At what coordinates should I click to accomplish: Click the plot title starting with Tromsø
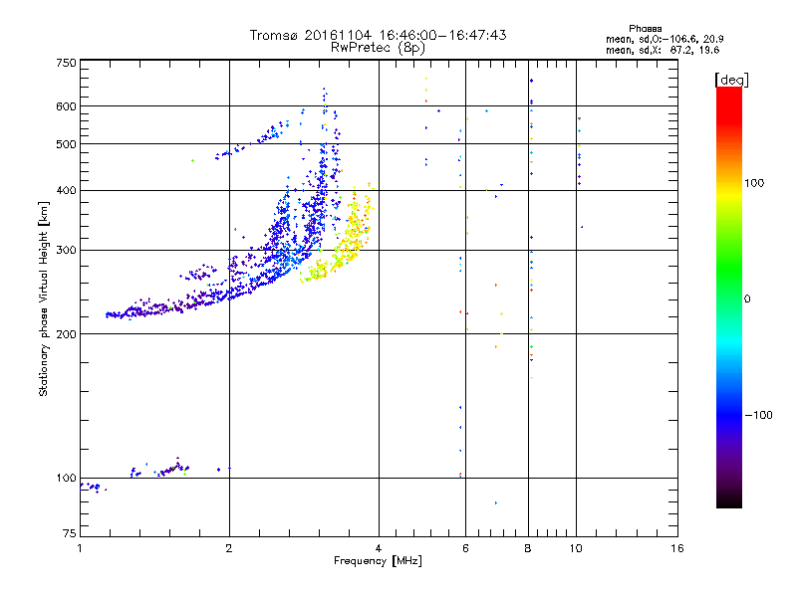coord(379,35)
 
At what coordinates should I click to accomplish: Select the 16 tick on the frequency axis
coord(676,548)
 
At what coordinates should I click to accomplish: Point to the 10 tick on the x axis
coord(576,548)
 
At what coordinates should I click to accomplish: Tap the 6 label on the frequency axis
coord(465,548)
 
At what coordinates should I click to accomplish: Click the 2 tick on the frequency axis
coord(229,548)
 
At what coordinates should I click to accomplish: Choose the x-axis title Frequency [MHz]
coord(379,562)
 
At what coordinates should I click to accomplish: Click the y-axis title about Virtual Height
coord(44,298)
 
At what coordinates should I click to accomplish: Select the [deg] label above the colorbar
coord(732,79)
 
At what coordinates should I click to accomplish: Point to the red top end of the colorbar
coord(728,93)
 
